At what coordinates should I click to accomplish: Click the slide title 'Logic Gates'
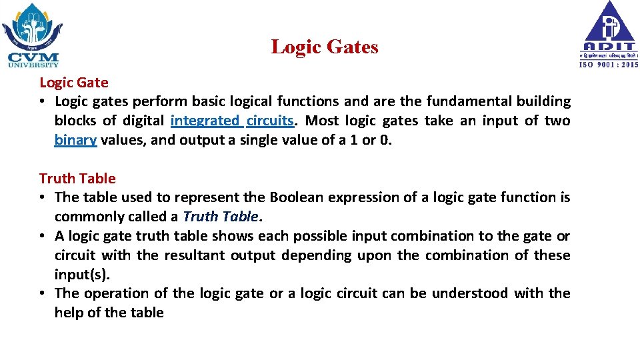click(324, 47)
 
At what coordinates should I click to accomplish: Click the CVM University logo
click(32, 35)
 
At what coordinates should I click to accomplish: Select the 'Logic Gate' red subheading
click(73, 83)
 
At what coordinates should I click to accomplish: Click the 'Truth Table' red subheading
click(77, 178)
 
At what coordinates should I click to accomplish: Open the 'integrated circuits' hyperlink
click(232, 121)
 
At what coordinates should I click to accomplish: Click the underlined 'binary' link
click(76, 140)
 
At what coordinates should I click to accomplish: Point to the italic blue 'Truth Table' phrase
click(219, 217)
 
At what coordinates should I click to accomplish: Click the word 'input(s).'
click(81, 274)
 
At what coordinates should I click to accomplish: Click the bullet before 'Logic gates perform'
click(42, 102)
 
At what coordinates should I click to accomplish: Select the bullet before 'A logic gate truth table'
click(42, 236)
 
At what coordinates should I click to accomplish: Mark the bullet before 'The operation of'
click(42, 293)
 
